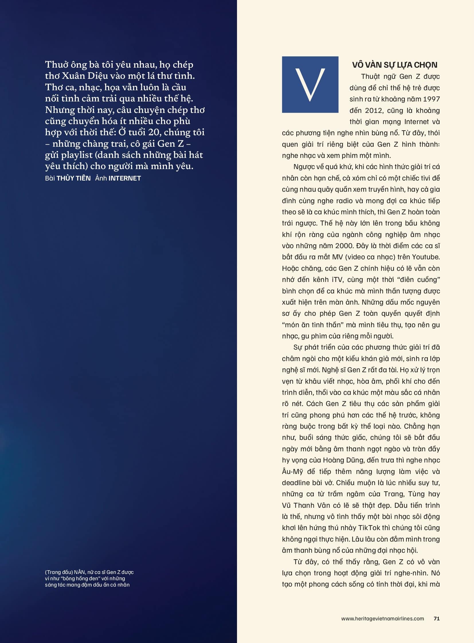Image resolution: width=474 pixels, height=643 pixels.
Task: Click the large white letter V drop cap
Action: pyautogui.click(x=310, y=85)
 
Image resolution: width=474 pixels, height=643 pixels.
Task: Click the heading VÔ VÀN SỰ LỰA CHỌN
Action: pyautogui.click(x=395, y=65)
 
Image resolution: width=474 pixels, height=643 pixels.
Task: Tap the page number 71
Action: pyautogui.click(x=436, y=618)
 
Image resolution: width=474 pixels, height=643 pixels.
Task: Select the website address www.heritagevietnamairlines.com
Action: pyautogui.click(x=383, y=618)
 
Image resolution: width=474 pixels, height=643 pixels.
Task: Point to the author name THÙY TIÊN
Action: pyautogui.click(x=73, y=178)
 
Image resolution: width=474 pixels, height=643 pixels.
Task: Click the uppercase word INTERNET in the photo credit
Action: pyautogui.click(x=125, y=178)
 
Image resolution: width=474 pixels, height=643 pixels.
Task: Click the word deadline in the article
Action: pyautogui.click(x=296, y=483)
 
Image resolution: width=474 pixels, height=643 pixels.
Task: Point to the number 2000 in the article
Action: pyautogui.click(x=345, y=246)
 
